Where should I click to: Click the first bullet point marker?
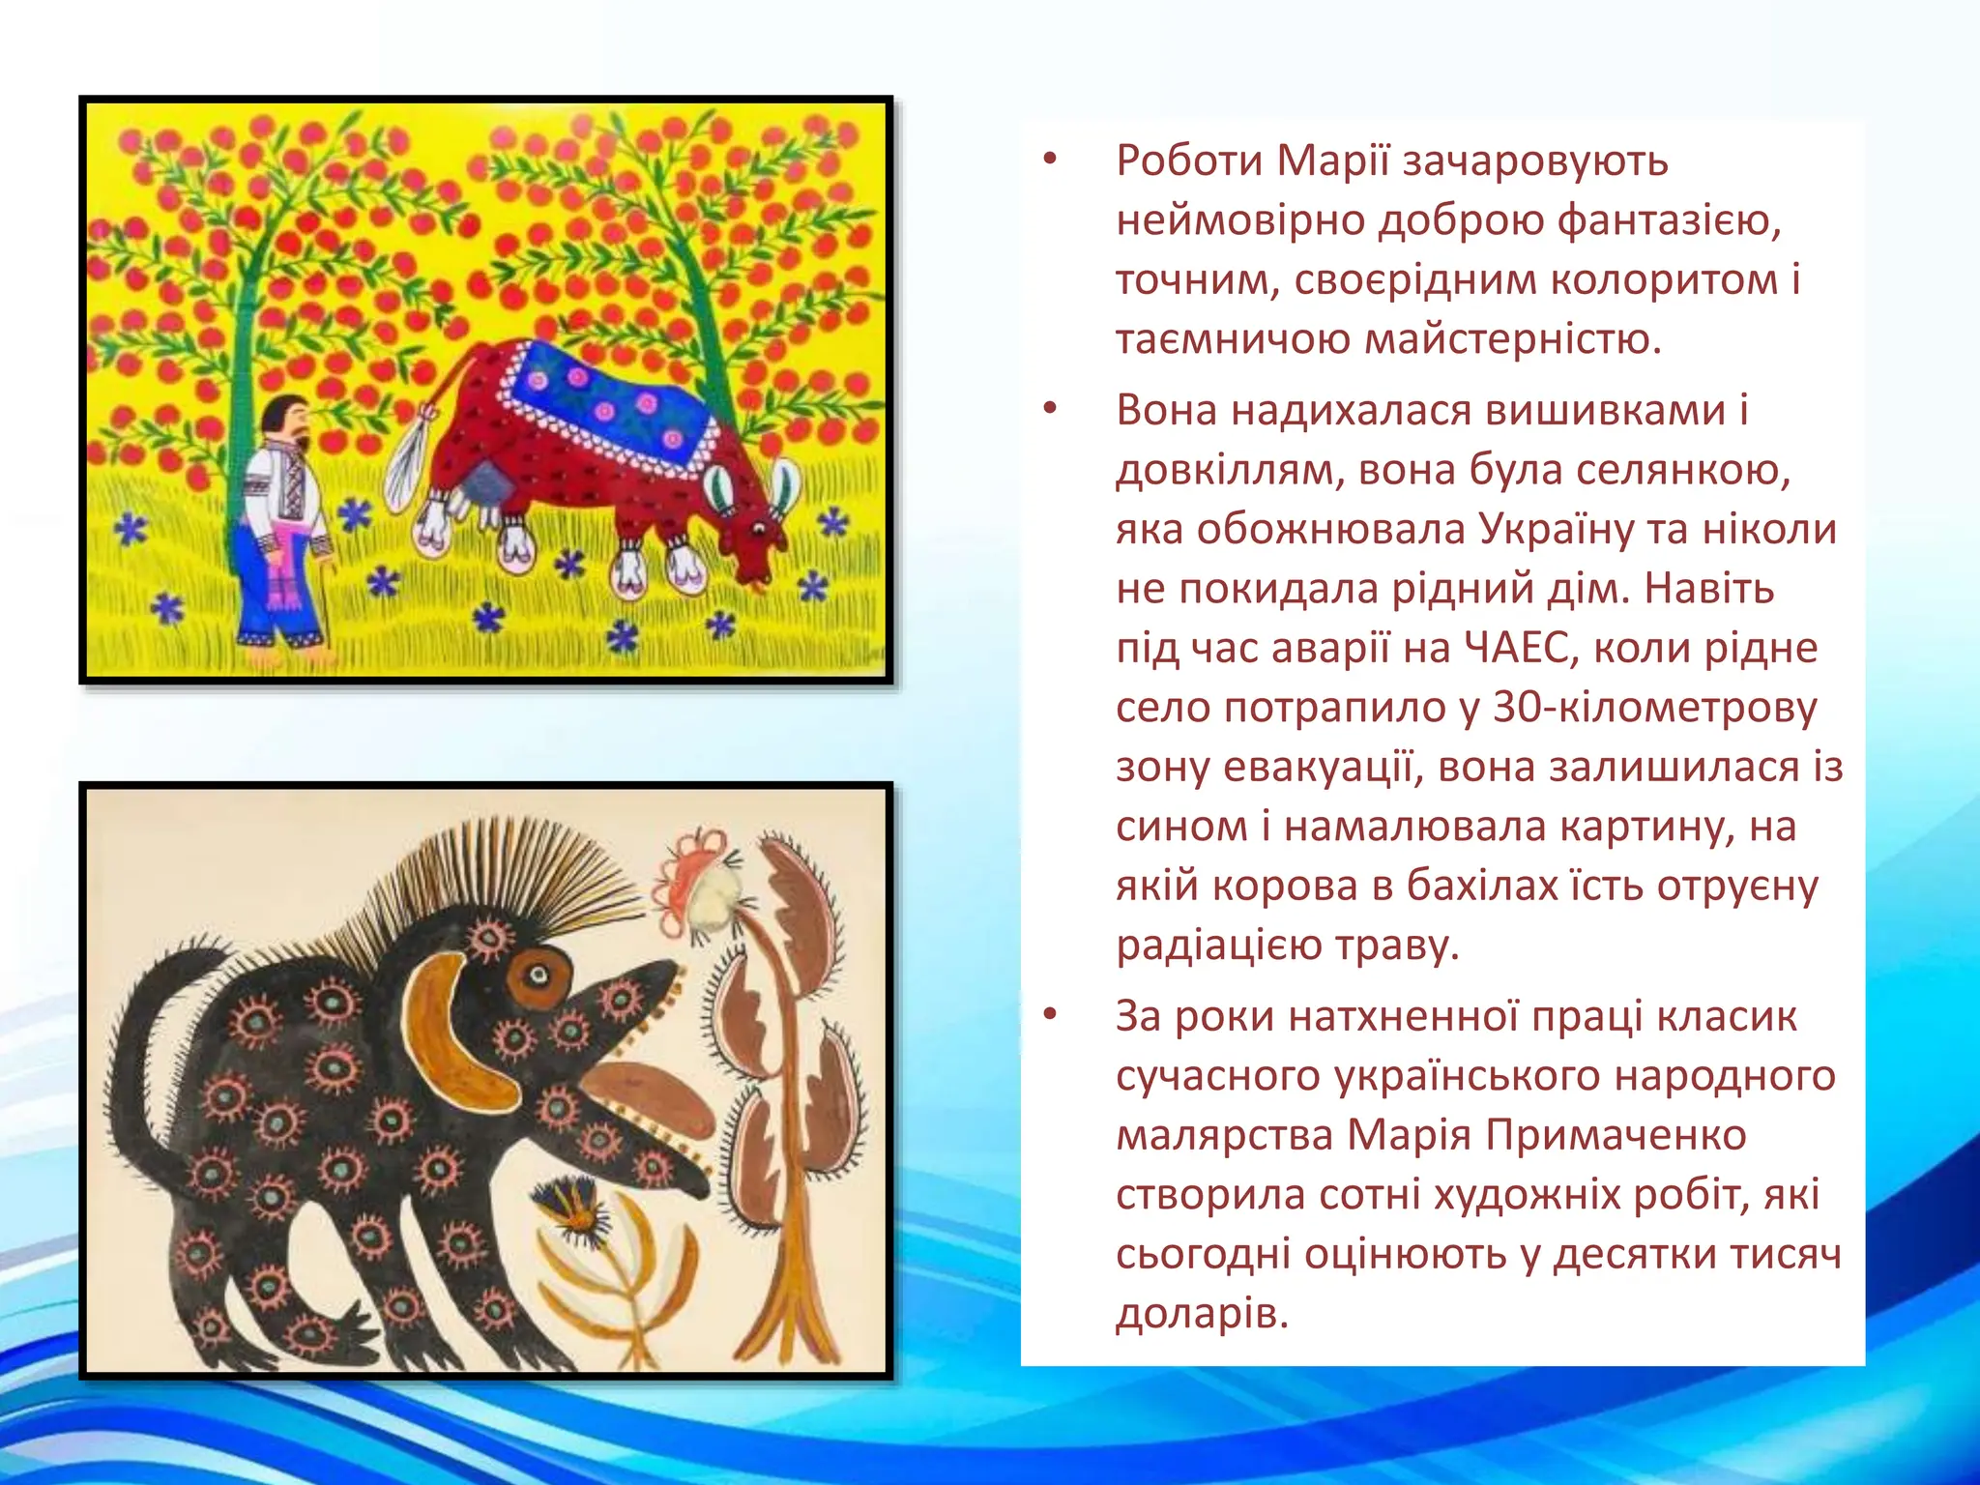point(1051,160)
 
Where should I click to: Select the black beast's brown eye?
point(538,976)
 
